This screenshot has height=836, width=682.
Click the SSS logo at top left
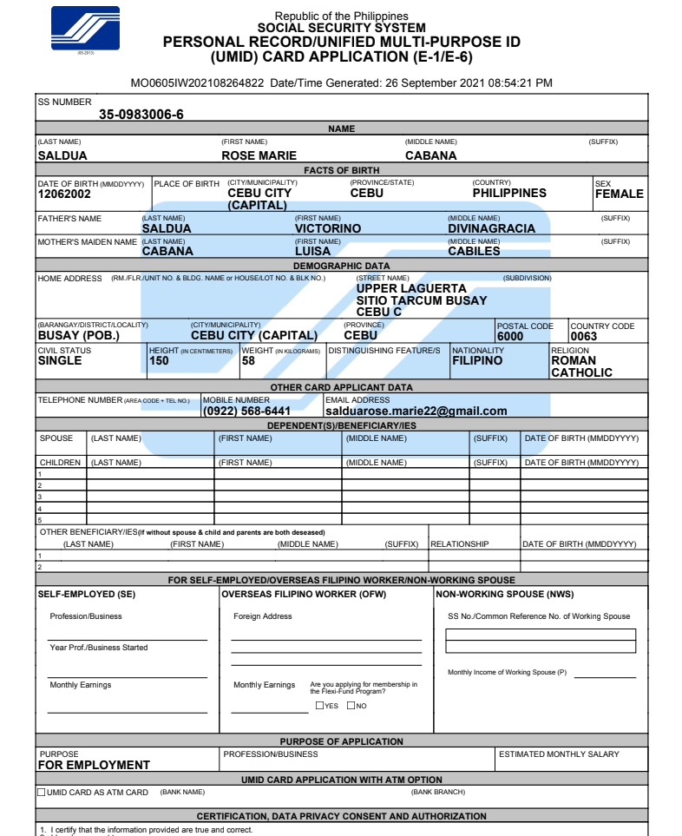tap(85, 30)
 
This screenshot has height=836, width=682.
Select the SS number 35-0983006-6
tap(141, 115)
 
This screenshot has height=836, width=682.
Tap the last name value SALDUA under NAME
tap(62, 156)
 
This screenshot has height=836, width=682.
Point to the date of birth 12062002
tap(65, 194)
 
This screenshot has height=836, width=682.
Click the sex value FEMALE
tap(619, 194)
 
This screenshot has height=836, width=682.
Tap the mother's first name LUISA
tap(312, 252)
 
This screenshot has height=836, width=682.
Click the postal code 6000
tap(510, 337)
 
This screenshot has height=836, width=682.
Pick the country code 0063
tap(584, 337)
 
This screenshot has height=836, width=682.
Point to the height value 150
tap(160, 361)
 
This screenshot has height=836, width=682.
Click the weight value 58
tap(248, 361)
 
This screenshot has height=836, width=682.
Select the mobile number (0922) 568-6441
tap(246, 411)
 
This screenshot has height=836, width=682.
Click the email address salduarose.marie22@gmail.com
tap(416, 411)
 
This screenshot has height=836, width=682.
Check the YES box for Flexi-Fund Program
tap(319, 706)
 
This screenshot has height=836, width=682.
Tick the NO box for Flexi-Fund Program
tap(351, 706)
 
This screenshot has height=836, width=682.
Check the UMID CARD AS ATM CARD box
tap(42, 793)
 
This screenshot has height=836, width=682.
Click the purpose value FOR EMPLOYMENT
tap(94, 766)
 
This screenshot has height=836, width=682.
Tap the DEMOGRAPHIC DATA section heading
tap(341, 266)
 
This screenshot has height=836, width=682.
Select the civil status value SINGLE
tap(60, 361)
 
